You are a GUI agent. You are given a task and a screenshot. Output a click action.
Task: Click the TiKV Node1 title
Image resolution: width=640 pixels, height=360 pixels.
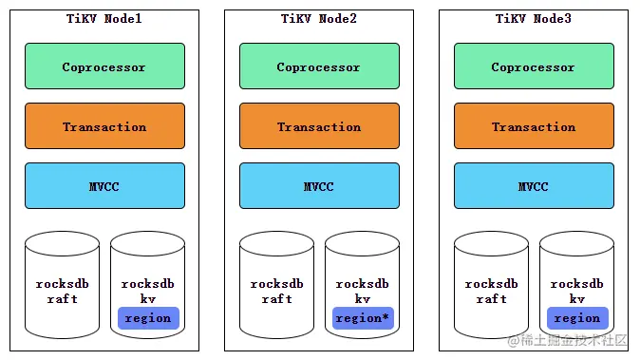[104, 19]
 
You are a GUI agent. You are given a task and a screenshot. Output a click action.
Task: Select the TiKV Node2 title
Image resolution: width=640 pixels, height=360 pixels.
[319, 19]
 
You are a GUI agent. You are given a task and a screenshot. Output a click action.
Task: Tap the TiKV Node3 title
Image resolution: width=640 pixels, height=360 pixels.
[534, 19]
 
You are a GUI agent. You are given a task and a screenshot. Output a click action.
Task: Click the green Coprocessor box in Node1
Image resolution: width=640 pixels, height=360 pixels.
[104, 66]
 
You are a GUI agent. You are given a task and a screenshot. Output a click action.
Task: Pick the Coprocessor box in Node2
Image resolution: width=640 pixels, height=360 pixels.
[319, 66]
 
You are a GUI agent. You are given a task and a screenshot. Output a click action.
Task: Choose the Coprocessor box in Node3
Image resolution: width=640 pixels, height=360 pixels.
[534, 66]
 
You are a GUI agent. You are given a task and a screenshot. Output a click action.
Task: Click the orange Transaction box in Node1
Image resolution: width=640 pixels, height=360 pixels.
[104, 126]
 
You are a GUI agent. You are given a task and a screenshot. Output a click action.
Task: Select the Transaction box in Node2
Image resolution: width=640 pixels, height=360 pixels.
[319, 126]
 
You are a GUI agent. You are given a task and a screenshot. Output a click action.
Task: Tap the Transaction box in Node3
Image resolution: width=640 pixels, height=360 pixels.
[534, 126]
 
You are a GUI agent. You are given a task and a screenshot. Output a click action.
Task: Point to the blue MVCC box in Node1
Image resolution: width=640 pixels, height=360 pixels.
[104, 186]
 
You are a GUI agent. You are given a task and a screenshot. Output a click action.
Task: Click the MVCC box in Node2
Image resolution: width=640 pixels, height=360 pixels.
[319, 186]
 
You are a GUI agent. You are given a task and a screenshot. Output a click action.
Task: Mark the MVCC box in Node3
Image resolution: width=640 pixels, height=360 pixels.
[534, 186]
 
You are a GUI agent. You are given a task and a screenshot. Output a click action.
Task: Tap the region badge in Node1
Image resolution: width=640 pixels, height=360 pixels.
[148, 318]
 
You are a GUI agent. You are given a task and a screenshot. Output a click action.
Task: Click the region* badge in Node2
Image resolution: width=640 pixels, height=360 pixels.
[363, 318]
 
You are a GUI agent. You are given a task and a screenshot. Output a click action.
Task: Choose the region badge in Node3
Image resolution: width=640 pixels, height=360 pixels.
[577, 318]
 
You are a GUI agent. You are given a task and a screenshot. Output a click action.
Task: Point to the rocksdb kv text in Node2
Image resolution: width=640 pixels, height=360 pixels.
[363, 291]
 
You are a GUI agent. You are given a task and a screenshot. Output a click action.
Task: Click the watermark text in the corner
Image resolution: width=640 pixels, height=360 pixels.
[568, 340]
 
